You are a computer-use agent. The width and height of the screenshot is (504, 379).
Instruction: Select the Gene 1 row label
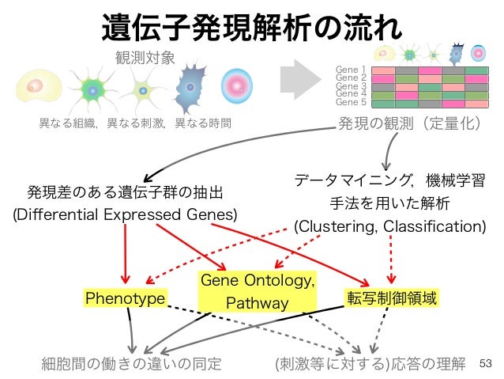coord(351,70)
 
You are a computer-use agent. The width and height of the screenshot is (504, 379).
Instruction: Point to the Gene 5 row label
coord(351,102)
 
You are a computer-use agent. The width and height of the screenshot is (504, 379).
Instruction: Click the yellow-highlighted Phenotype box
coord(125,298)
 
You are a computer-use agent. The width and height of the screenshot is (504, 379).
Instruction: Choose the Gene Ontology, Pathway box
coord(258,292)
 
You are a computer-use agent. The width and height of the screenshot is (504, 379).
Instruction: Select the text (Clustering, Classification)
coord(389,226)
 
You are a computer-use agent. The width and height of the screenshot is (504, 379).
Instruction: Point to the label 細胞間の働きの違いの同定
coord(131,364)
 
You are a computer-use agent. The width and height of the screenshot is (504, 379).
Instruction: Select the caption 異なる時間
coord(204,123)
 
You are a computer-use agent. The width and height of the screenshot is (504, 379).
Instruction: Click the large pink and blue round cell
coord(236,85)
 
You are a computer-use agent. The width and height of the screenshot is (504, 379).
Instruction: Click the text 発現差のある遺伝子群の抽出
coord(125,192)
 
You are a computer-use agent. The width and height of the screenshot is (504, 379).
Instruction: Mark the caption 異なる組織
coord(68,123)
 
